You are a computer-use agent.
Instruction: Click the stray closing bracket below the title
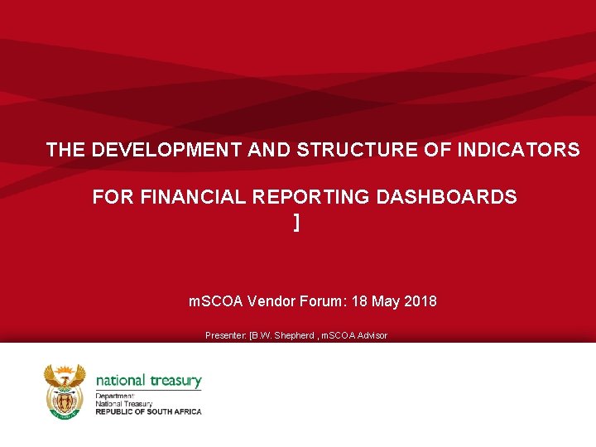tap(296, 222)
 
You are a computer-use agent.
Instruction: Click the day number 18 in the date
tap(360, 301)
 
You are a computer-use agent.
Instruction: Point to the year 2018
tap(421, 301)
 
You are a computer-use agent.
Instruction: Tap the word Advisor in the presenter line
tap(372, 335)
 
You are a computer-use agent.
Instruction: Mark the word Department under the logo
tap(115, 397)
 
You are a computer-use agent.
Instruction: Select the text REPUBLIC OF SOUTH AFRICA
tap(148, 411)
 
